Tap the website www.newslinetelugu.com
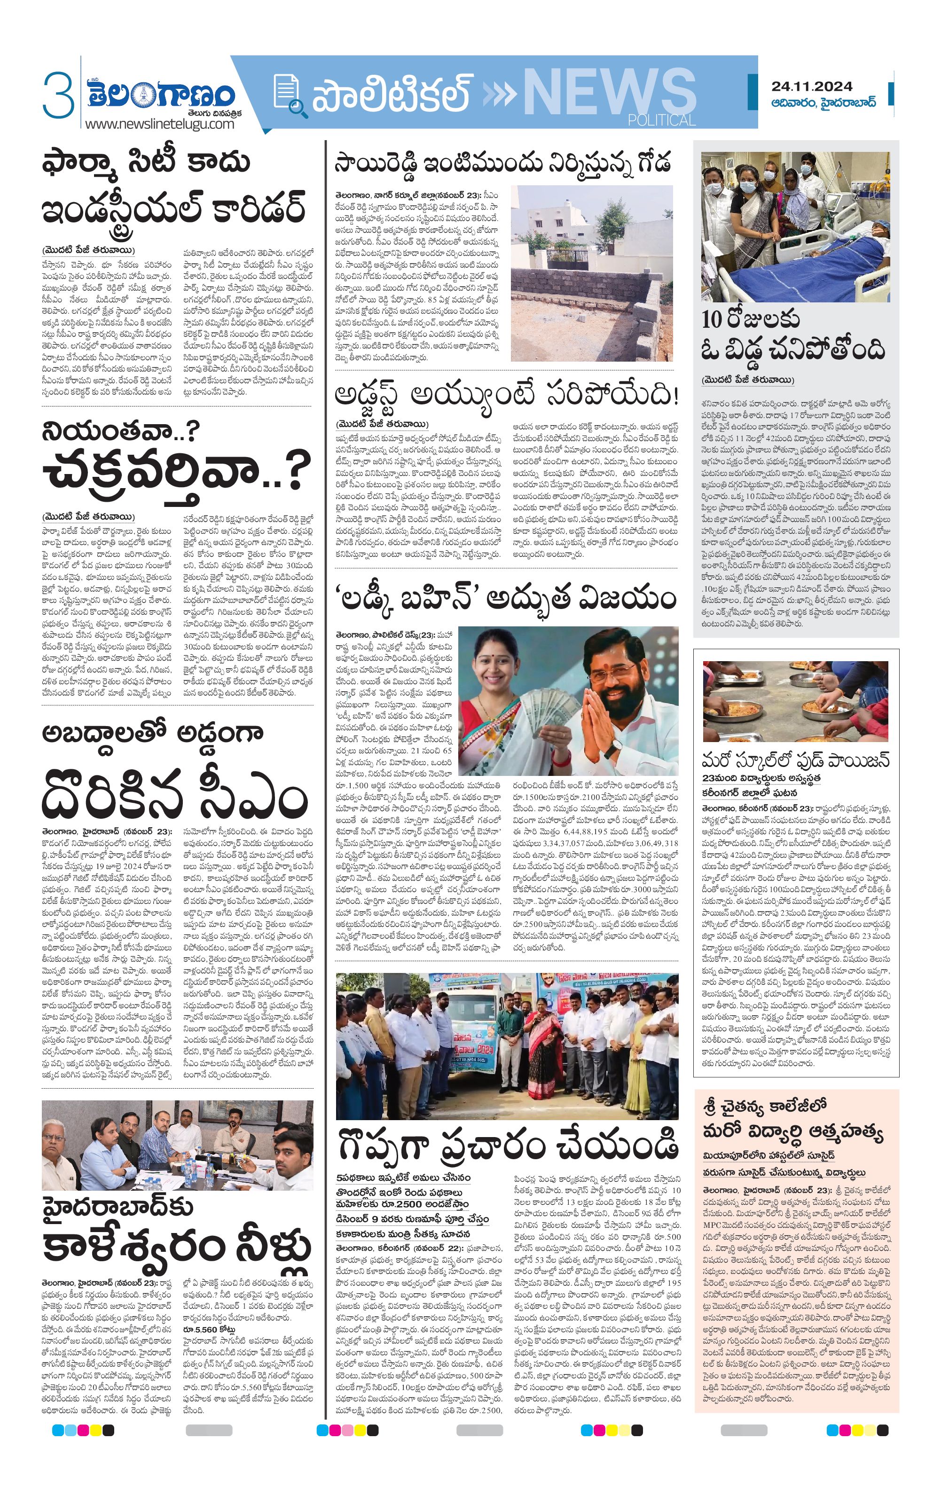[159, 124]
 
